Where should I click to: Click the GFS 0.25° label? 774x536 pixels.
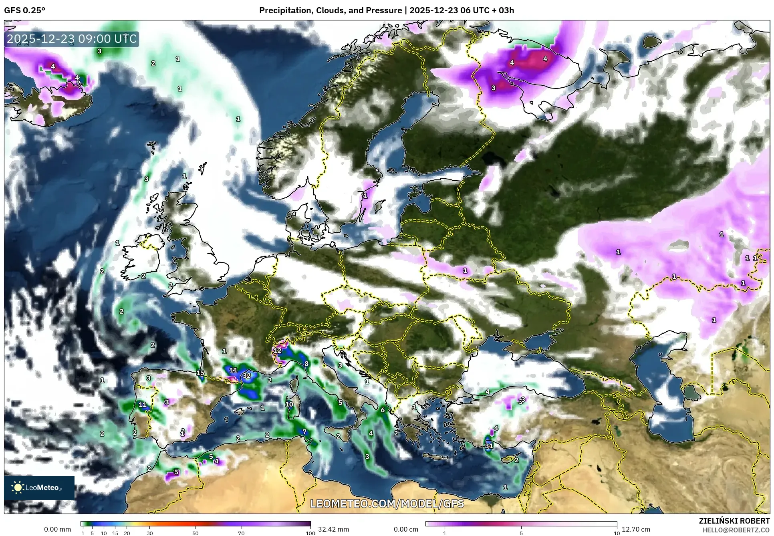[24, 10]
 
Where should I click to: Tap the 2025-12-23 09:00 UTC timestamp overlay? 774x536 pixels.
[72, 39]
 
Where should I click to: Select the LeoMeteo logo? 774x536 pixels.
[39, 488]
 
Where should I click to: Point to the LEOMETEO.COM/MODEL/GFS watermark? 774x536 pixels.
[387, 504]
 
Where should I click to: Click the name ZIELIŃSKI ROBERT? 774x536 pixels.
[734, 521]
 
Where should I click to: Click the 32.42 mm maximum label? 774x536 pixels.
[333, 529]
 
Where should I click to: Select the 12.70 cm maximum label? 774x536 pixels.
[636, 529]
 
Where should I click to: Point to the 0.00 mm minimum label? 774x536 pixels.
[57, 529]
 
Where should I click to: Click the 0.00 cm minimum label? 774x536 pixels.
[406, 529]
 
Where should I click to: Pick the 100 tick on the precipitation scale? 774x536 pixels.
[310, 533]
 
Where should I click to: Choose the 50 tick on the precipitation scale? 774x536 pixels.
[196, 533]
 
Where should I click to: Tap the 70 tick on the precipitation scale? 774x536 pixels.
[241, 533]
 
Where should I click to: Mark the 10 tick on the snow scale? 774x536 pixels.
[617, 533]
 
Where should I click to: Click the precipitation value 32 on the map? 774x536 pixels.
[247, 376]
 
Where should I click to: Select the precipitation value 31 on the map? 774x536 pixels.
[489, 446]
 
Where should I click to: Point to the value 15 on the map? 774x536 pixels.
[200, 373]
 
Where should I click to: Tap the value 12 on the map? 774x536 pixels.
[277, 351]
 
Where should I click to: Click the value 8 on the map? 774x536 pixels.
[306, 364]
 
